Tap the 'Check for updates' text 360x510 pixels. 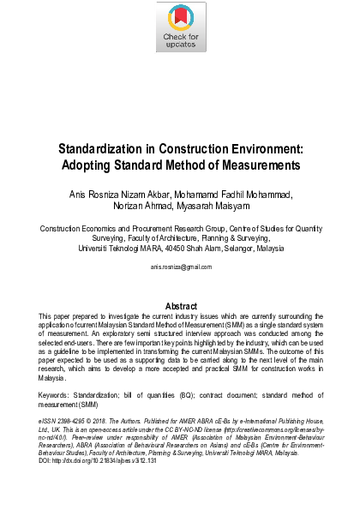[x=179, y=41]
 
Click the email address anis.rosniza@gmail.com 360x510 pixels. [x=180, y=267]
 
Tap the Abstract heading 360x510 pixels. [x=180, y=306]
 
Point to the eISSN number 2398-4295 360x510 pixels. [x=74, y=423]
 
